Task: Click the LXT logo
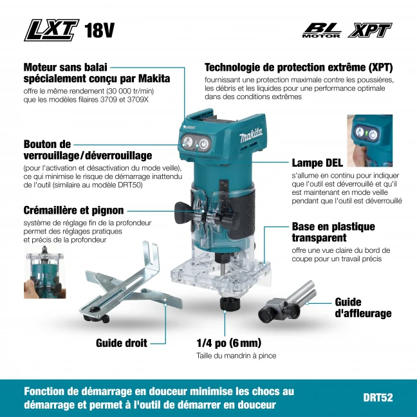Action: (51, 30)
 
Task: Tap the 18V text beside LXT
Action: (100, 30)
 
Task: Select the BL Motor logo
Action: (322, 30)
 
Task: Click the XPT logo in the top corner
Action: (369, 30)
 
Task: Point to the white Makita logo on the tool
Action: (251, 135)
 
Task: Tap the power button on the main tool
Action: (204, 144)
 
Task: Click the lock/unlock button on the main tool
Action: (187, 142)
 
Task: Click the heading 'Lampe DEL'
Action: (317, 163)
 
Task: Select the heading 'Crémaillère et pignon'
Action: (73, 210)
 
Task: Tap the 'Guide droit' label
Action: (122, 343)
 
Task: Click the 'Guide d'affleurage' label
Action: (363, 308)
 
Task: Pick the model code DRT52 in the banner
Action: (378, 398)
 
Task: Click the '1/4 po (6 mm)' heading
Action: (228, 343)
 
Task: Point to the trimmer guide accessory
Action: (287, 302)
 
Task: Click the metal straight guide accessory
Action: (130, 284)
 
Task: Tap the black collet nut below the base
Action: (230, 304)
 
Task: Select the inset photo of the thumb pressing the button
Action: (369, 141)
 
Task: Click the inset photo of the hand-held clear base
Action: (45, 272)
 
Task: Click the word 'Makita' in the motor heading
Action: (154, 79)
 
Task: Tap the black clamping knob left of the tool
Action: (184, 212)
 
